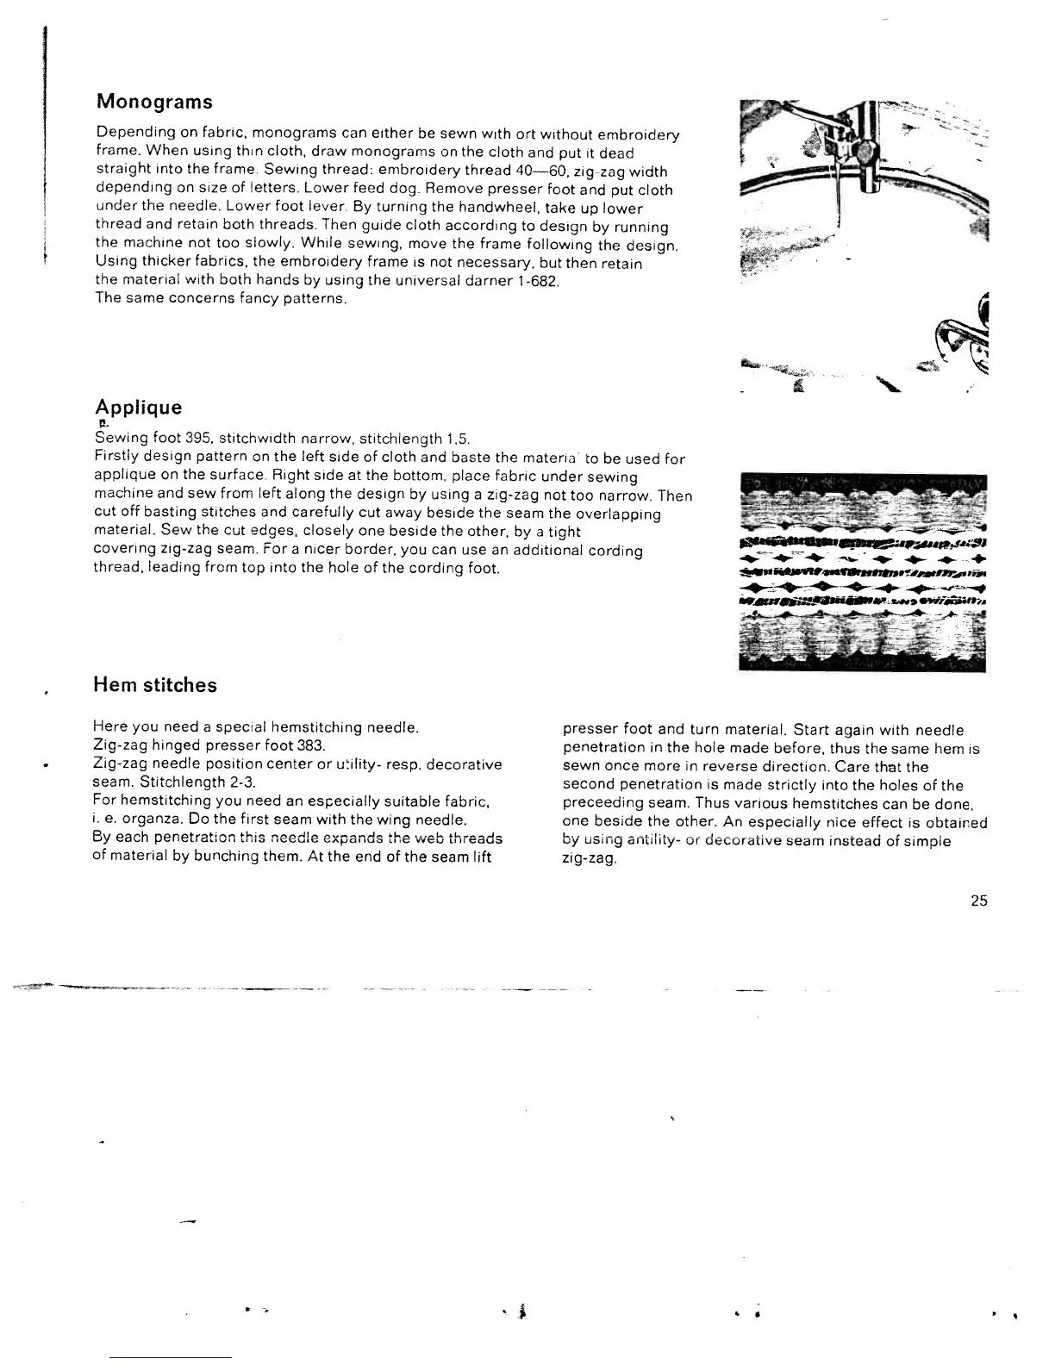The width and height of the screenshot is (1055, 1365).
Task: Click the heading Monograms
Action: tap(154, 102)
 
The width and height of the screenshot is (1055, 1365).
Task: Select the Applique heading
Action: tap(138, 408)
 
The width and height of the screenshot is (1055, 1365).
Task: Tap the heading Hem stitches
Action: tap(155, 686)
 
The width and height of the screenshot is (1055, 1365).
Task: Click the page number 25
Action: tap(978, 901)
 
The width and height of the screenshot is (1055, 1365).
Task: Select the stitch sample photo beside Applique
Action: tap(863, 572)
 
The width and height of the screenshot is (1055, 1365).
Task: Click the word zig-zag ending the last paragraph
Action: tap(589, 859)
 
